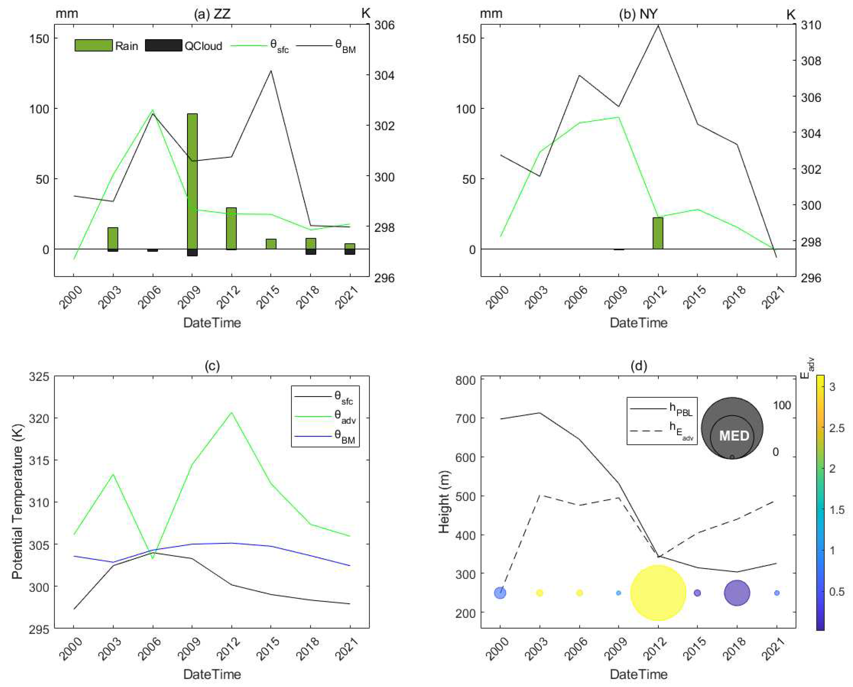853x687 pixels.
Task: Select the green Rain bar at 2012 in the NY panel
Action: coord(658,233)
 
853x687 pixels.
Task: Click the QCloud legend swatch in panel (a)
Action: coord(164,45)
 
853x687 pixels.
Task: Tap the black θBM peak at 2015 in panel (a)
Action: coord(271,71)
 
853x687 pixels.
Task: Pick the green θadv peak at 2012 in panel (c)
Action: coord(231,413)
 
